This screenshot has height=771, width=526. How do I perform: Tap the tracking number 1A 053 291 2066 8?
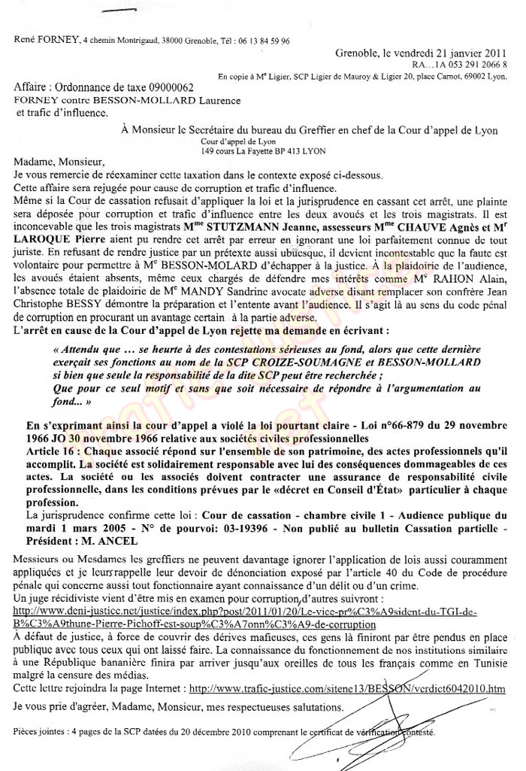(x=464, y=65)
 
